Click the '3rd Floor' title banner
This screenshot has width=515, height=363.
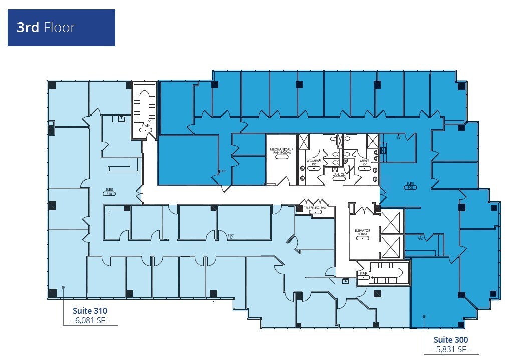61,28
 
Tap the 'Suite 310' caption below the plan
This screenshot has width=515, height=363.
90,311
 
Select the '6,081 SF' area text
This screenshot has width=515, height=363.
90,321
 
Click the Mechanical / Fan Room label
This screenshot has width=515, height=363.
281,152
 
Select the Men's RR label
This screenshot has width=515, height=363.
365,163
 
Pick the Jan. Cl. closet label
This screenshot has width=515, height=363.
339,174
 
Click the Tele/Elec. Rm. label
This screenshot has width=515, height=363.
315,208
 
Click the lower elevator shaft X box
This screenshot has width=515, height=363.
391,247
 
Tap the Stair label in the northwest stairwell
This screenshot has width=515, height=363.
145,128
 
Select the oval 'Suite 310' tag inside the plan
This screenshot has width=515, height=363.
109,192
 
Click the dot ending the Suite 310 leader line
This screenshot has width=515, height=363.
63,287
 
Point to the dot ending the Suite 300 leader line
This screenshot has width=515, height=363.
424,316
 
